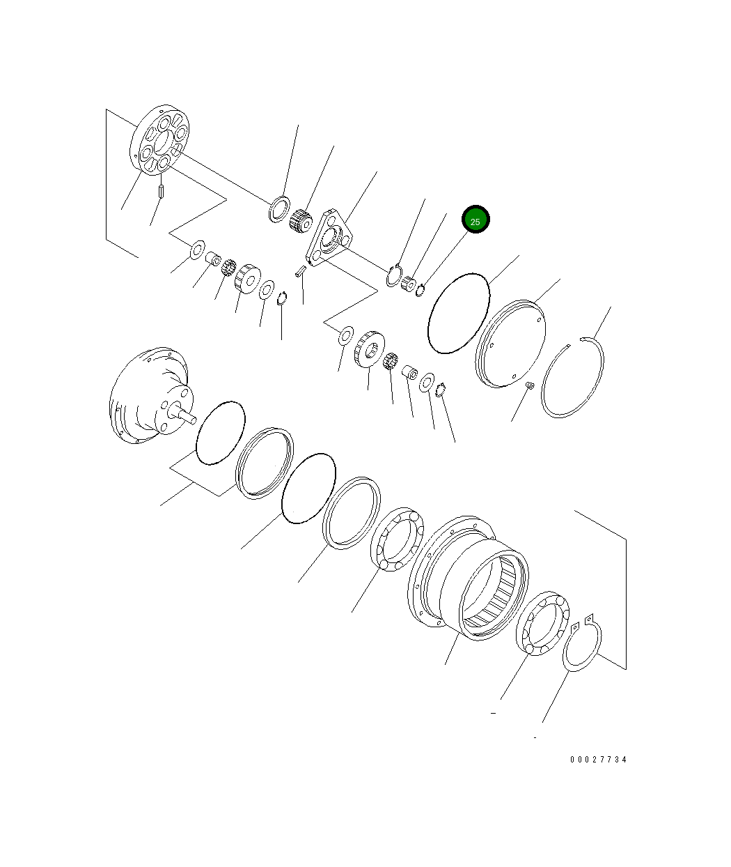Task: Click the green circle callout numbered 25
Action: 475,221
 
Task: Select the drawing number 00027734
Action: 598,760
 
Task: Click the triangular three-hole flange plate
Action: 330,237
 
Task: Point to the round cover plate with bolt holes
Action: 510,343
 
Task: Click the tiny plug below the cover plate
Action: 528,385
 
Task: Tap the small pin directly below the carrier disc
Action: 160,190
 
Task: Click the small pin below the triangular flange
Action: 300,270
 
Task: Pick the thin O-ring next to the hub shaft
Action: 220,432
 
